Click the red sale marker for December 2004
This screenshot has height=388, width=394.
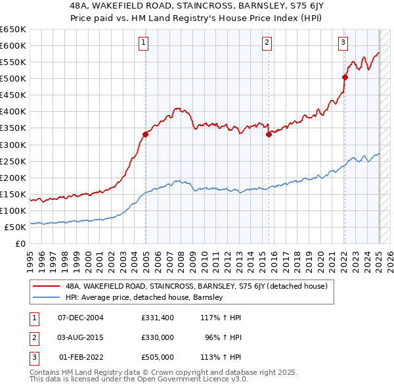(x=145, y=134)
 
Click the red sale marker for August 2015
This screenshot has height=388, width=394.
(x=269, y=135)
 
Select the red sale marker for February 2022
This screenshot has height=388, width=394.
(x=345, y=77)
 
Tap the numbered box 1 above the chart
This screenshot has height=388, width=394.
(x=143, y=43)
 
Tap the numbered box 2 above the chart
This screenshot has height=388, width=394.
(x=267, y=43)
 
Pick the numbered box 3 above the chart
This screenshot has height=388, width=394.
(x=343, y=43)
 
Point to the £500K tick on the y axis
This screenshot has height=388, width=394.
(x=13, y=78)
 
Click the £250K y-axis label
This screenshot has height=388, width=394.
(x=13, y=161)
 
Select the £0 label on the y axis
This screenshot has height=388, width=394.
(x=20, y=243)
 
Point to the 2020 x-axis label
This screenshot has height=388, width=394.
(x=320, y=258)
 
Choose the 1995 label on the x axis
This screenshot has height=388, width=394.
(x=29, y=258)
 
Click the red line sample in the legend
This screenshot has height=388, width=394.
(x=46, y=285)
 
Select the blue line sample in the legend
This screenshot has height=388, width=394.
(x=46, y=297)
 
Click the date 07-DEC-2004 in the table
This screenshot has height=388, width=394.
(x=81, y=318)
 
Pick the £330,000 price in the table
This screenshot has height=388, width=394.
(x=157, y=337)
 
